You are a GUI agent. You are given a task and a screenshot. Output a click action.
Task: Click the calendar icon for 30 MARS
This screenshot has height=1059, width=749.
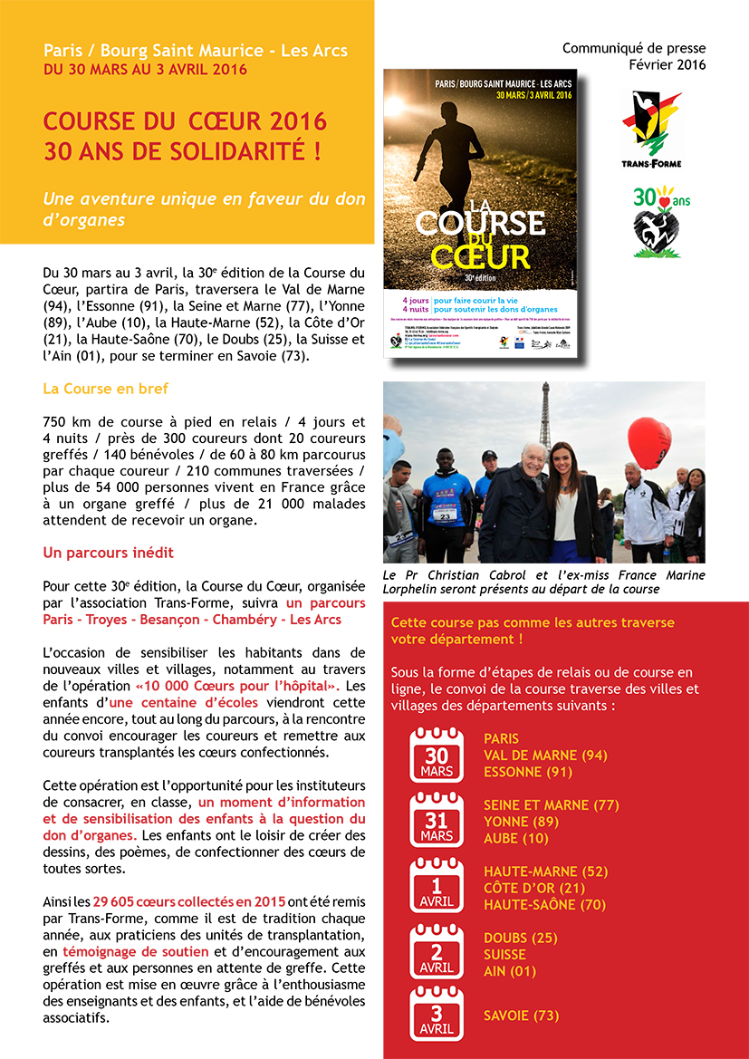pyautogui.click(x=437, y=755)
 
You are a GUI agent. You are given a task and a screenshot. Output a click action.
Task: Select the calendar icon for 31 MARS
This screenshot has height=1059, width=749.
pyautogui.click(x=437, y=821)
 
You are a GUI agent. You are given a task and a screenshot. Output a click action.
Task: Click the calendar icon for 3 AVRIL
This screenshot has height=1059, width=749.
pyautogui.click(x=437, y=1015)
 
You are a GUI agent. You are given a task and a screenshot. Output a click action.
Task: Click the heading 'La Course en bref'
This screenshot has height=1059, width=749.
pyautogui.click(x=106, y=389)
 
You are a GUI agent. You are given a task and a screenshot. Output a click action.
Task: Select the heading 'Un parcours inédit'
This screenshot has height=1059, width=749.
pyautogui.click(x=109, y=552)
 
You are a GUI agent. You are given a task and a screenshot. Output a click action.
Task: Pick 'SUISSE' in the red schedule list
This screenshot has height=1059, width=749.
pyautogui.click(x=505, y=954)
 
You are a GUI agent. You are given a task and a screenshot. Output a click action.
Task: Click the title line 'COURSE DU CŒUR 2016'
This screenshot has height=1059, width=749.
pyautogui.click(x=185, y=121)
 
